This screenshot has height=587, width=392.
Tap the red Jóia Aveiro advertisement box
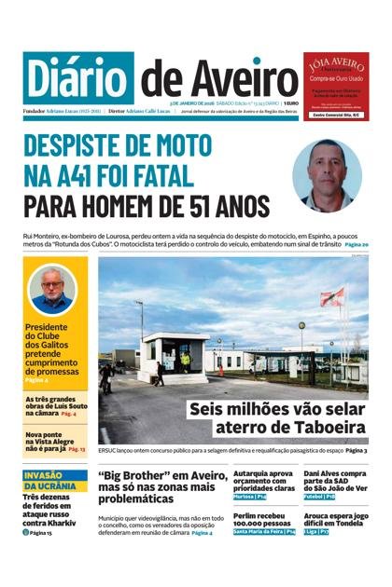[335, 84]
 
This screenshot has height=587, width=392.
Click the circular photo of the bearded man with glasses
[53, 291]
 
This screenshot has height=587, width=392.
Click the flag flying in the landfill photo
[332, 297]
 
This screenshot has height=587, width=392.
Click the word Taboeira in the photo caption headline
[317, 428]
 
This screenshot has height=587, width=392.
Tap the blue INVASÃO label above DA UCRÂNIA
[49, 475]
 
